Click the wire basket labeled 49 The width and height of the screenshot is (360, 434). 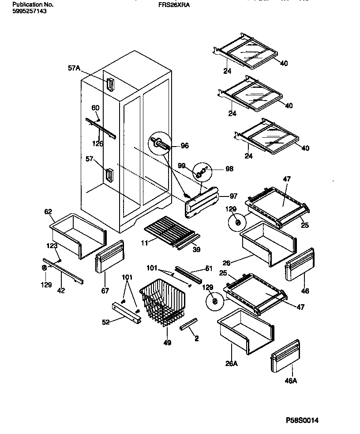pyautogui.click(x=161, y=305)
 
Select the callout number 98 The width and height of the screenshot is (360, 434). pyautogui.click(x=229, y=169)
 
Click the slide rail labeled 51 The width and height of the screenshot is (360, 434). pyautogui.click(x=189, y=275)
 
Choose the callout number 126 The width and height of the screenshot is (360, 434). pyautogui.click(x=97, y=143)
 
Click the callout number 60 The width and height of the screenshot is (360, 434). pyautogui.click(x=95, y=108)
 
